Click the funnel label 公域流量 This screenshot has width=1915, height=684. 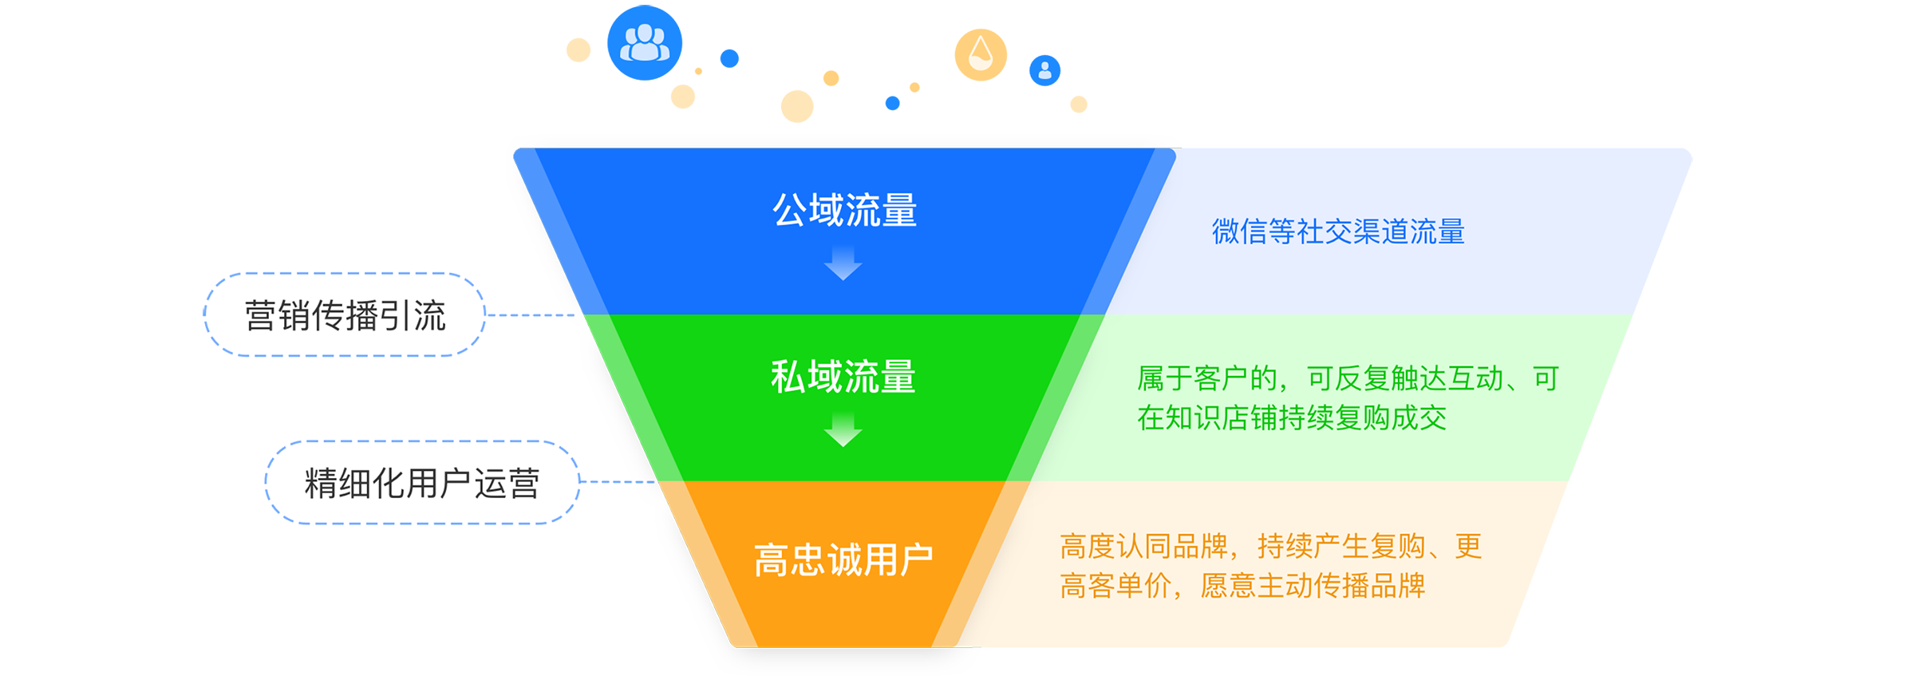coord(844,211)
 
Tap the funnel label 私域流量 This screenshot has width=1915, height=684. coord(843,377)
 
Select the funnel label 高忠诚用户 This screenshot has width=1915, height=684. coord(843,559)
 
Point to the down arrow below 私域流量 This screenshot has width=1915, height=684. coord(843,429)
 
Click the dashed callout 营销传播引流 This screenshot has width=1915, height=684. coord(345,314)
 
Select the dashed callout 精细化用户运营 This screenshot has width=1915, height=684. coord(422,482)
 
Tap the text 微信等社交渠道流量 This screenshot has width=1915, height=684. coord(1338,231)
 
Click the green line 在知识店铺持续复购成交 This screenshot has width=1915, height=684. coord(1292,417)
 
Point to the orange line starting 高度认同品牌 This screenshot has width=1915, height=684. coord(1271,547)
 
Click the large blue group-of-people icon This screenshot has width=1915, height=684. coord(645,43)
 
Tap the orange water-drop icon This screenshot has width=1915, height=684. coord(981,55)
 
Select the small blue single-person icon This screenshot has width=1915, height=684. coord(1044,70)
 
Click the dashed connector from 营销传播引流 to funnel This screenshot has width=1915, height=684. coord(531,315)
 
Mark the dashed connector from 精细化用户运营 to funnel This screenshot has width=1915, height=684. coord(618,482)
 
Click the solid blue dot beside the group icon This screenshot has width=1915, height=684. coord(729,58)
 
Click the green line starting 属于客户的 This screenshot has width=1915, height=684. coord(1348,378)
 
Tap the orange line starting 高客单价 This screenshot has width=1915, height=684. coord(1242,586)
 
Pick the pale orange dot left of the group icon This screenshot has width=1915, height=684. coord(578,49)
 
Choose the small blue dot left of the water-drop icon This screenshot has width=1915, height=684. coord(893,103)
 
